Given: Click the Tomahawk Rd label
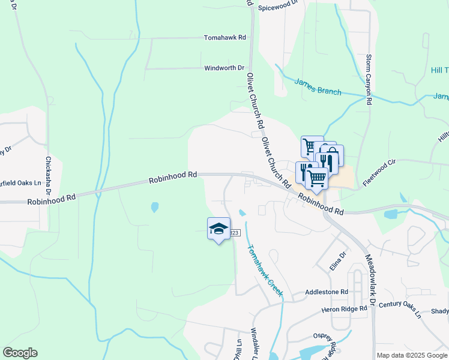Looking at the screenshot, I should click(x=225, y=37).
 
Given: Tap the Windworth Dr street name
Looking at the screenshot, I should click(x=224, y=68).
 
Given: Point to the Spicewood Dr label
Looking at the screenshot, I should click(x=278, y=7).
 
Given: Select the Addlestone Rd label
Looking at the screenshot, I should click(x=327, y=292).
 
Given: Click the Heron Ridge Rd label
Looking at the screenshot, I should click(x=344, y=308).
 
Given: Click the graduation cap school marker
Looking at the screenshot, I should click(x=218, y=229).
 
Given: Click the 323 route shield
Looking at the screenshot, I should click(x=235, y=232).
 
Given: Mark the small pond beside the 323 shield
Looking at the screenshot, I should click(x=242, y=213).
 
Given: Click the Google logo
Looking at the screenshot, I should click(x=20, y=353).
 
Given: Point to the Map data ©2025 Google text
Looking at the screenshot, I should click(x=412, y=355).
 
